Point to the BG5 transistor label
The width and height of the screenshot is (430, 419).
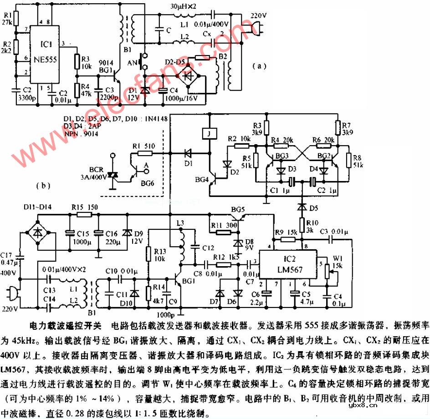(238, 209)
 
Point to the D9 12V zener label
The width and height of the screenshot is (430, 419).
(136, 237)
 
